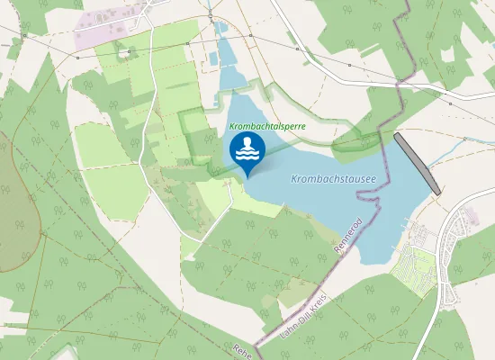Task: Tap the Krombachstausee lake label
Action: (x=333, y=179)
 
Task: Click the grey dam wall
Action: (x=417, y=163)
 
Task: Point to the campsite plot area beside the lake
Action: (x=416, y=265)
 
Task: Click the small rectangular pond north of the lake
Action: (x=213, y=58)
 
